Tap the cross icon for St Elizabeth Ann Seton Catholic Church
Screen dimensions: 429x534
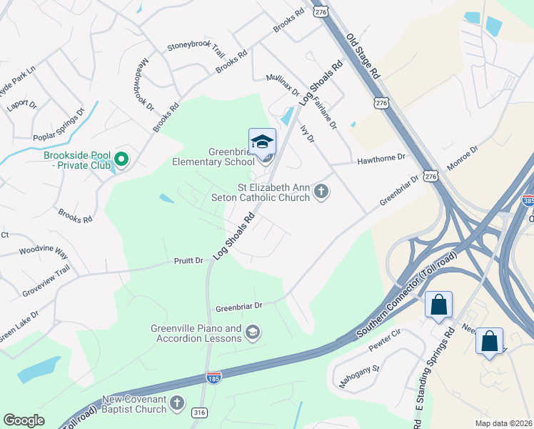click(321, 192)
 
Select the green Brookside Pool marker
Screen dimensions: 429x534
click(121, 159)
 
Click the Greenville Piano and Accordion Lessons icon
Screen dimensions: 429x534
click(252, 332)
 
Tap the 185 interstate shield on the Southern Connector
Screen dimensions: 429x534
click(214, 375)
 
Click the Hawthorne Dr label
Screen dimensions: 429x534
click(381, 158)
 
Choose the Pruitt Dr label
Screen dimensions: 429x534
click(189, 261)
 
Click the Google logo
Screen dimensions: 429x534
click(24, 420)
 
